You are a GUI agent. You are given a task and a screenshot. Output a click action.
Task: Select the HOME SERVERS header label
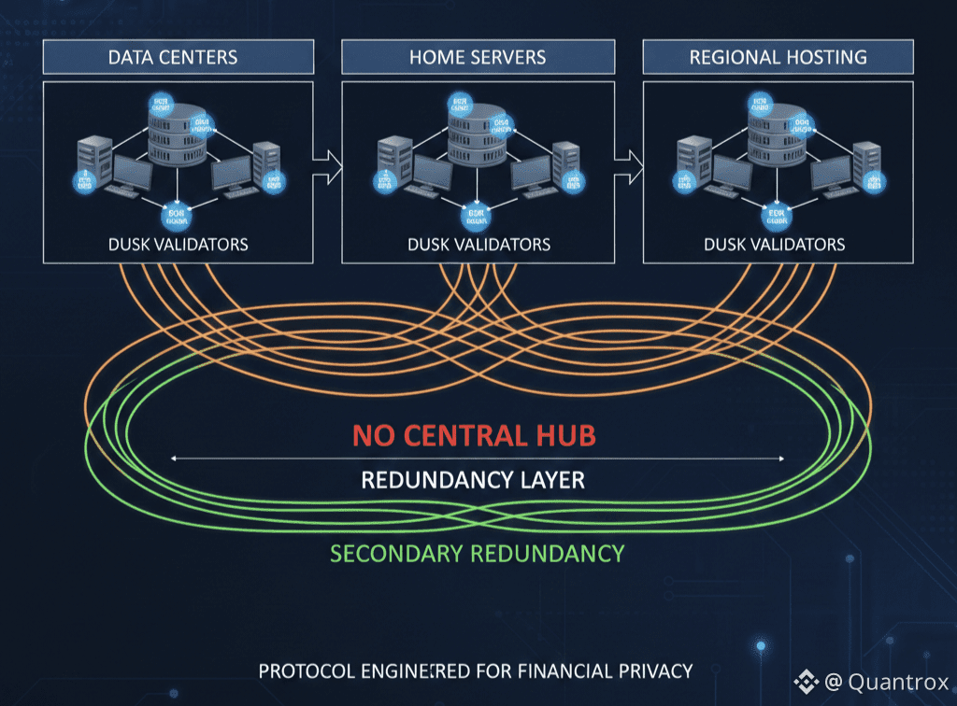[x=478, y=57]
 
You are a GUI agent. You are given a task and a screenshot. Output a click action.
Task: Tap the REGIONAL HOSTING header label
[x=778, y=57]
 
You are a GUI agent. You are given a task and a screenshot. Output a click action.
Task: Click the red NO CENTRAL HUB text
[x=474, y=435]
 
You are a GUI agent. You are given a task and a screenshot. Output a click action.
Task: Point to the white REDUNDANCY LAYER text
[x=473, y=481]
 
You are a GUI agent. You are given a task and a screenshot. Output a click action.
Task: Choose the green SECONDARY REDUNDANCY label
[x=477, y=553]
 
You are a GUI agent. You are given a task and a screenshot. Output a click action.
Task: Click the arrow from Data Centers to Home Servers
[x=326, y=165]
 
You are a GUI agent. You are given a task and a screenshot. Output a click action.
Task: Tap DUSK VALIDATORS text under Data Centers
[x=178, y=245]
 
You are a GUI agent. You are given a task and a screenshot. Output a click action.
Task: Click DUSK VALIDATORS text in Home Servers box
[x=478, y=245]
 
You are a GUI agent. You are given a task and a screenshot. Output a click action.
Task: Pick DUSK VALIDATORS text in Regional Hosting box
[x=774, y=245]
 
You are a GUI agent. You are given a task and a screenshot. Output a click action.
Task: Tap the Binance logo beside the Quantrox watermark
[x=806, y=682]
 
